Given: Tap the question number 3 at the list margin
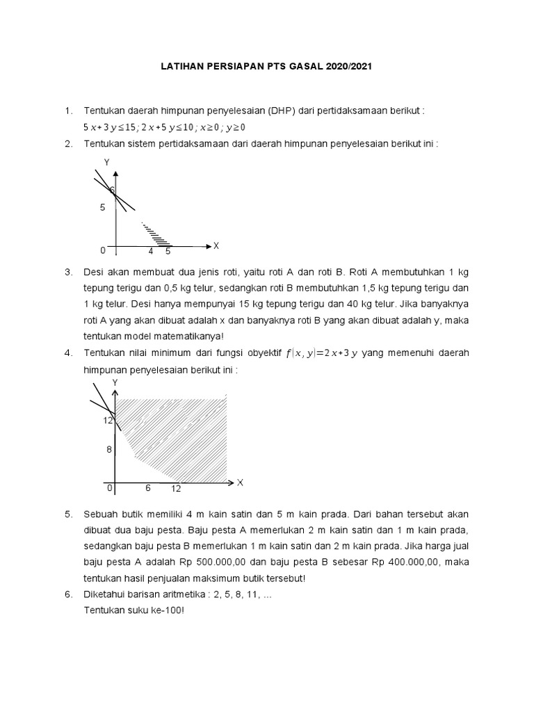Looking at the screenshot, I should [x=68, y=271].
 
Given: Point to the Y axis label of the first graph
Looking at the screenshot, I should [x=107, y=162].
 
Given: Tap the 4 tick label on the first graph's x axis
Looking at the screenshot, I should [x=151, y=251].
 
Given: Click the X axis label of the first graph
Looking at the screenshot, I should [x=216, y=245].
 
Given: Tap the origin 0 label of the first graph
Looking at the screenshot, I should [x=103, y=250].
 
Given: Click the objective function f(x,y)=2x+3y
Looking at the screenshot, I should [x=321, y=353].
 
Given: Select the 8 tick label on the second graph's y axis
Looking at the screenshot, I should [x=108, y=450].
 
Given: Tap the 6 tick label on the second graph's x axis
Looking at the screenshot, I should [x=148, y=488].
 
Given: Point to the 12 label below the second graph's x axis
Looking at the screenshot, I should [x=176, y=489].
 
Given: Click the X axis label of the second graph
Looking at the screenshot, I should [x=240, y=482].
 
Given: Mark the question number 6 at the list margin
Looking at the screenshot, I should [x=68, y=594].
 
